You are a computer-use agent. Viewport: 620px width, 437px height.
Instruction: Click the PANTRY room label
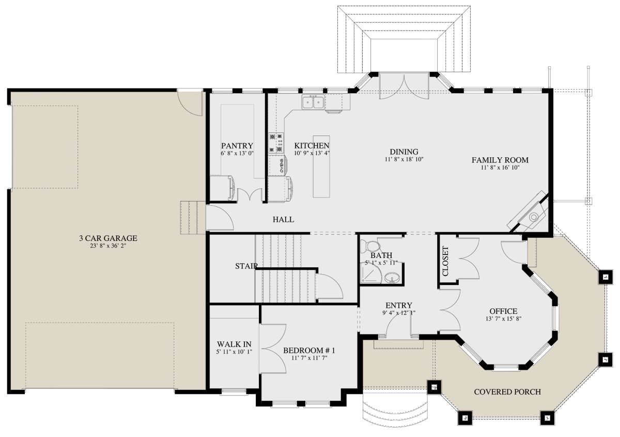pos(237,146)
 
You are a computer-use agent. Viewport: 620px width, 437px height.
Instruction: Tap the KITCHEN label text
pos(312,146)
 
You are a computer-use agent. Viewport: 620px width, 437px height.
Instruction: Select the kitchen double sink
pos(313,102)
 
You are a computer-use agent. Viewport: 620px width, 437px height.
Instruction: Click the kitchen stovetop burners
pos(276,143)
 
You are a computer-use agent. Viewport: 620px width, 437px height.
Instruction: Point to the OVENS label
pos(282,166)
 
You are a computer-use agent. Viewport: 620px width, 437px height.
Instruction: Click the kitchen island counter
pos(321,167)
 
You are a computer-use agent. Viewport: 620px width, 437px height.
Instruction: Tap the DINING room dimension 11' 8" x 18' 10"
pos(404,160)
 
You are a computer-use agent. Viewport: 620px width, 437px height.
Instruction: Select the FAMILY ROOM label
pos(500,160)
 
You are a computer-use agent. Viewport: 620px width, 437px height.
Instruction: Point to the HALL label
pos(284,219)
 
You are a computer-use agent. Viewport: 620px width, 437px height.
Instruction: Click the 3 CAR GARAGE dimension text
pos(108,246)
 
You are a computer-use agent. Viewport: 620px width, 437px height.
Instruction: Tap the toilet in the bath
pos(370,246)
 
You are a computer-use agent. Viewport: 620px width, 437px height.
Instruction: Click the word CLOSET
pos(445,261)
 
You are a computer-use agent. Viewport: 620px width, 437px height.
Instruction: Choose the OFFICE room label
pos(503,311)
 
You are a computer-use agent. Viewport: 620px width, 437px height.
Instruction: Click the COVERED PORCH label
pos(507,392)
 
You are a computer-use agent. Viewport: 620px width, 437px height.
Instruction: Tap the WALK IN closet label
pos(234,344)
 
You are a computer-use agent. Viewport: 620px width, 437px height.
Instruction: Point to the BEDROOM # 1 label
pos(309,350)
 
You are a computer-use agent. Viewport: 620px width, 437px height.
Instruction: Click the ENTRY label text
pos(399,305)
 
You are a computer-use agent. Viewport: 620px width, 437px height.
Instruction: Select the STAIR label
pos(246,266)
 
